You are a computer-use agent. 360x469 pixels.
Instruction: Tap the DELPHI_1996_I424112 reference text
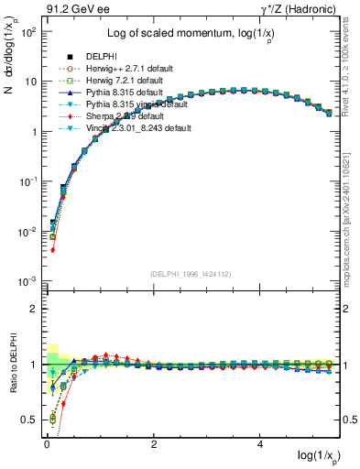(191, 274)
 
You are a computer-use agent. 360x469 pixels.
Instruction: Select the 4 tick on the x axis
(261, 442)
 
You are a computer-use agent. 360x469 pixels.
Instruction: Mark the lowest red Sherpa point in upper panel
(52, 250)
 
